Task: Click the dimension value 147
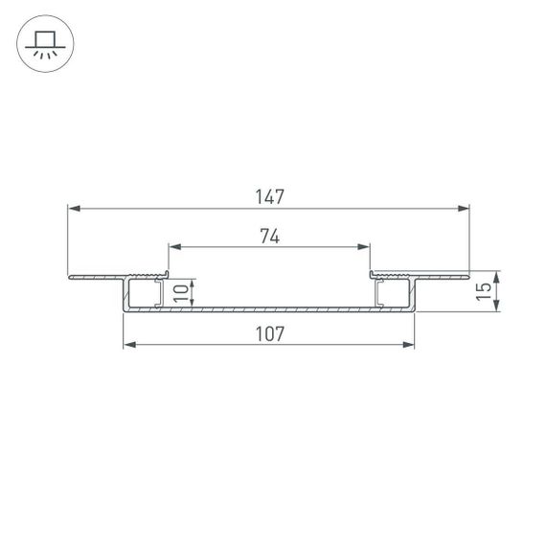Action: pyautogui.click(x=269, y=196)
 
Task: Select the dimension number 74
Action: pyautogui.click(x=269, y=237)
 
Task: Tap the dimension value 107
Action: pyautogui.click(x=269, y=333)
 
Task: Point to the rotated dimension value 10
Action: pyautogui.click(x=180, y=292)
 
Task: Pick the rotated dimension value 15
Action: pyautogui.click(x=486, y=291)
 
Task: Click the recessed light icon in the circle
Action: pyautogui.click(x=43, y=43)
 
